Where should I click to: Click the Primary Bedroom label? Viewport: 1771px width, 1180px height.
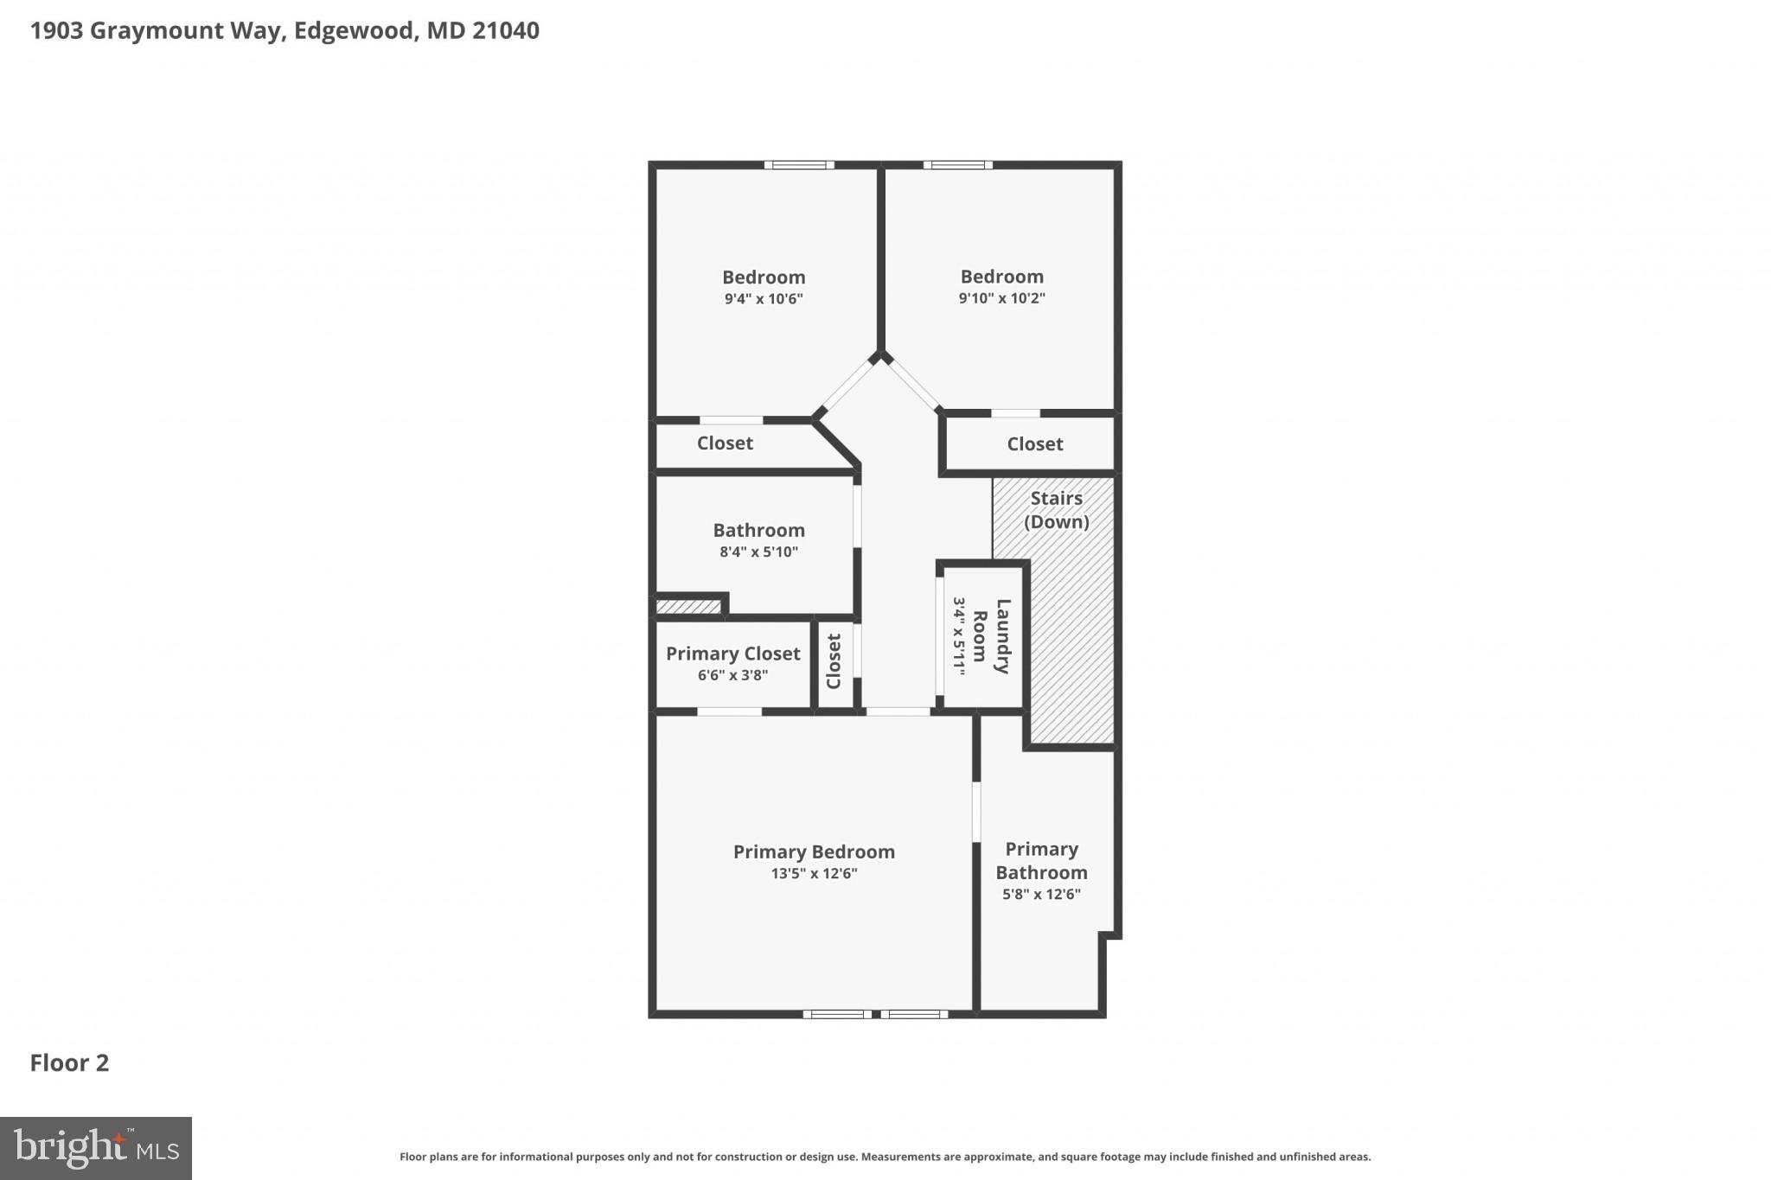click(814, 852)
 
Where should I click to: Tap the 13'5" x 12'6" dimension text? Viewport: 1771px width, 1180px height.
click(814, 873)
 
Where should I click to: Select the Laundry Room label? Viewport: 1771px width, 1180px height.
click(991, 636)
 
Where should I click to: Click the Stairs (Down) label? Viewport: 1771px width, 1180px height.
click(1056, 510)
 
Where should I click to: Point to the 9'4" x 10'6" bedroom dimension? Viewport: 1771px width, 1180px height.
click(764, 299)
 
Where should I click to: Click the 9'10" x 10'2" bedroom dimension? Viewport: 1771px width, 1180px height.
click(1001, 298)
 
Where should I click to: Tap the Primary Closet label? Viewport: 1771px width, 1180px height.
click(732, 654)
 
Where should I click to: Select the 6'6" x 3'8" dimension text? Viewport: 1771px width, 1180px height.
click(732, 675)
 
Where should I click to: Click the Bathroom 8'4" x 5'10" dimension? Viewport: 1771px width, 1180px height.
click(758, 552)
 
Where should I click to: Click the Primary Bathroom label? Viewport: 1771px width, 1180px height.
click(1041, 861)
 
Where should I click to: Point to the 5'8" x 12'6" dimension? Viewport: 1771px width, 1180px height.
click(1041, 895)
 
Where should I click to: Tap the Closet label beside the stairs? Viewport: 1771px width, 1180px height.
click(1034, 443)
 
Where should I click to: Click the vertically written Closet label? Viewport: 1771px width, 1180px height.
click(834, 661)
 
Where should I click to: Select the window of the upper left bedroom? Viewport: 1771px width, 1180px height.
click(798, 165)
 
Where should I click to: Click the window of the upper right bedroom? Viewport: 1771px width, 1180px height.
click(957, 165)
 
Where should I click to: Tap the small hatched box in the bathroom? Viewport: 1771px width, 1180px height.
click(688, 607)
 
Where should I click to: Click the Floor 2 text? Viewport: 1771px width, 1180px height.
click(69, 1062)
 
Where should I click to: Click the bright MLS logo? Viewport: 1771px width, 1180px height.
click(95, 1148)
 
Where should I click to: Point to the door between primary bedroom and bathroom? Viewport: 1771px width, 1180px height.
click(976, 812)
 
